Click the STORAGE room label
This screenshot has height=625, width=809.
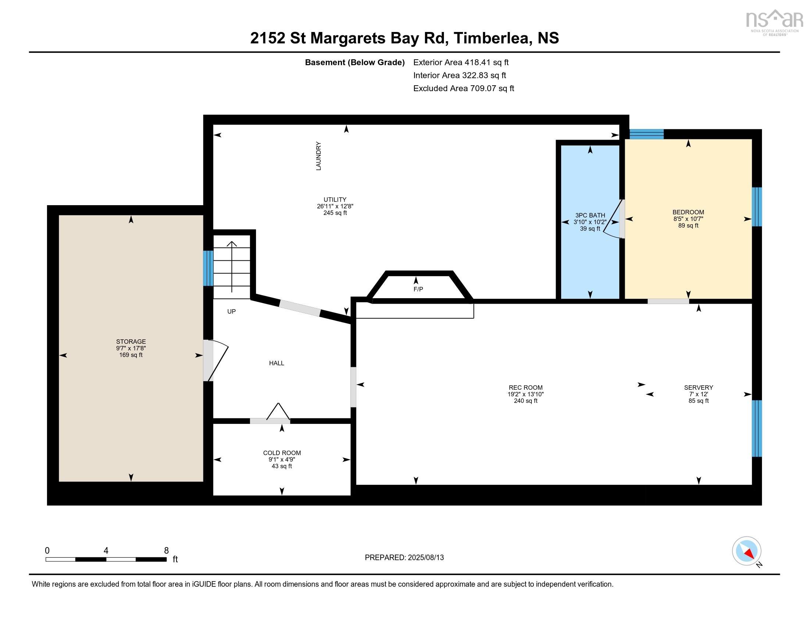click(131, 342)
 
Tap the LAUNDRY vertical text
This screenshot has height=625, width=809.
click(318, 156)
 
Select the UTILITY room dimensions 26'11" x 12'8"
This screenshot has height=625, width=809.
click(335, 206)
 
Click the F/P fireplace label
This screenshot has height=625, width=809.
click(418, 289)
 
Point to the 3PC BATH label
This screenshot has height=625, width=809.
click(590, 215)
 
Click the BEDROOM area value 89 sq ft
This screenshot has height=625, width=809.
click(688, 225)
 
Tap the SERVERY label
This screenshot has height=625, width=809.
click(698, 387)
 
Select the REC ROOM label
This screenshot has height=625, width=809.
click(525, 387)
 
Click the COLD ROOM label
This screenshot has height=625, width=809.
click(282, 453)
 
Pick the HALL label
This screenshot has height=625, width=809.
click(276, 363)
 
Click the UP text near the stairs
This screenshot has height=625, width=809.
click(231, 311)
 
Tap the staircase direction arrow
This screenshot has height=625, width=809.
click(232, 267)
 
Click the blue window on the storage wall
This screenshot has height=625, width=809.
click(208, 268)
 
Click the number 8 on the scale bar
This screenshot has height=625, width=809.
click(166, 551)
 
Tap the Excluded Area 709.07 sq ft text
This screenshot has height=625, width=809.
click(463, 89)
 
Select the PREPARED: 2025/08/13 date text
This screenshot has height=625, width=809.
click(404, 558)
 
